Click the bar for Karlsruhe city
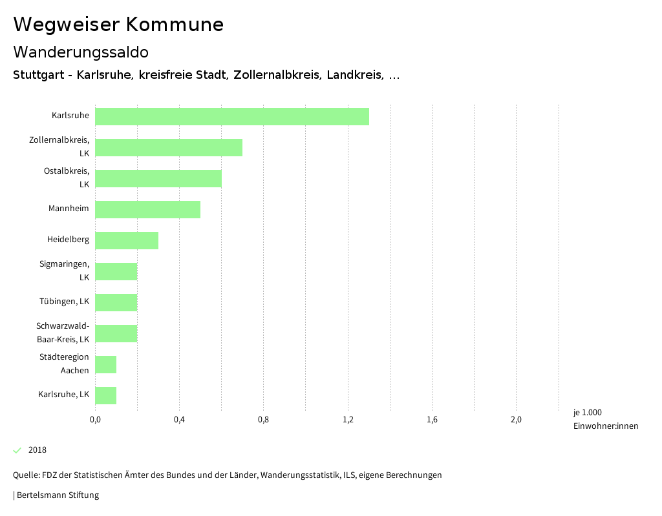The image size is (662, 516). [x=232, y=116]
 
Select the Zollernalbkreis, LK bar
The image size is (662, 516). [x=169, y=147]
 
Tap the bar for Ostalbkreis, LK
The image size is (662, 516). [x=158, y=178]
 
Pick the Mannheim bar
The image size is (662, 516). [x=147, y=209]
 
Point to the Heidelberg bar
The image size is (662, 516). [x=127, y=240]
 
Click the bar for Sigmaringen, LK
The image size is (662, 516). [x=116, y=271]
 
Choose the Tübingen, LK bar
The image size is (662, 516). [x=116, y=302]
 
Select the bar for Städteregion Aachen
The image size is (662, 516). [x=106, y=364]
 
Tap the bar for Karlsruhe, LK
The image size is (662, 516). [x=106, y=395]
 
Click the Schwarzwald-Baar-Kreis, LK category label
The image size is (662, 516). [x=63, y=333]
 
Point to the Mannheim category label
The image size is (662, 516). [x=69, y=209]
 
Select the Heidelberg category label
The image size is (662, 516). [x=68, y=240]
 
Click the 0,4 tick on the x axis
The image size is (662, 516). [x=179, y=420]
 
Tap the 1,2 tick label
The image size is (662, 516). [x=348, y=420]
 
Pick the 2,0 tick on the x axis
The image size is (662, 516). [x=516, y=420]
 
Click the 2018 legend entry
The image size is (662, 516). [x=37, y=450]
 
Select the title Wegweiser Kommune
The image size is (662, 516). [x=118, y=24]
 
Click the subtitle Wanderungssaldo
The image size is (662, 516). [x=81, y=52]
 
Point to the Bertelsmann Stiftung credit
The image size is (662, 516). [x=56, y=495]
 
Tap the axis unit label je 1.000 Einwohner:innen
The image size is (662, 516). [x=605, y=419]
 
